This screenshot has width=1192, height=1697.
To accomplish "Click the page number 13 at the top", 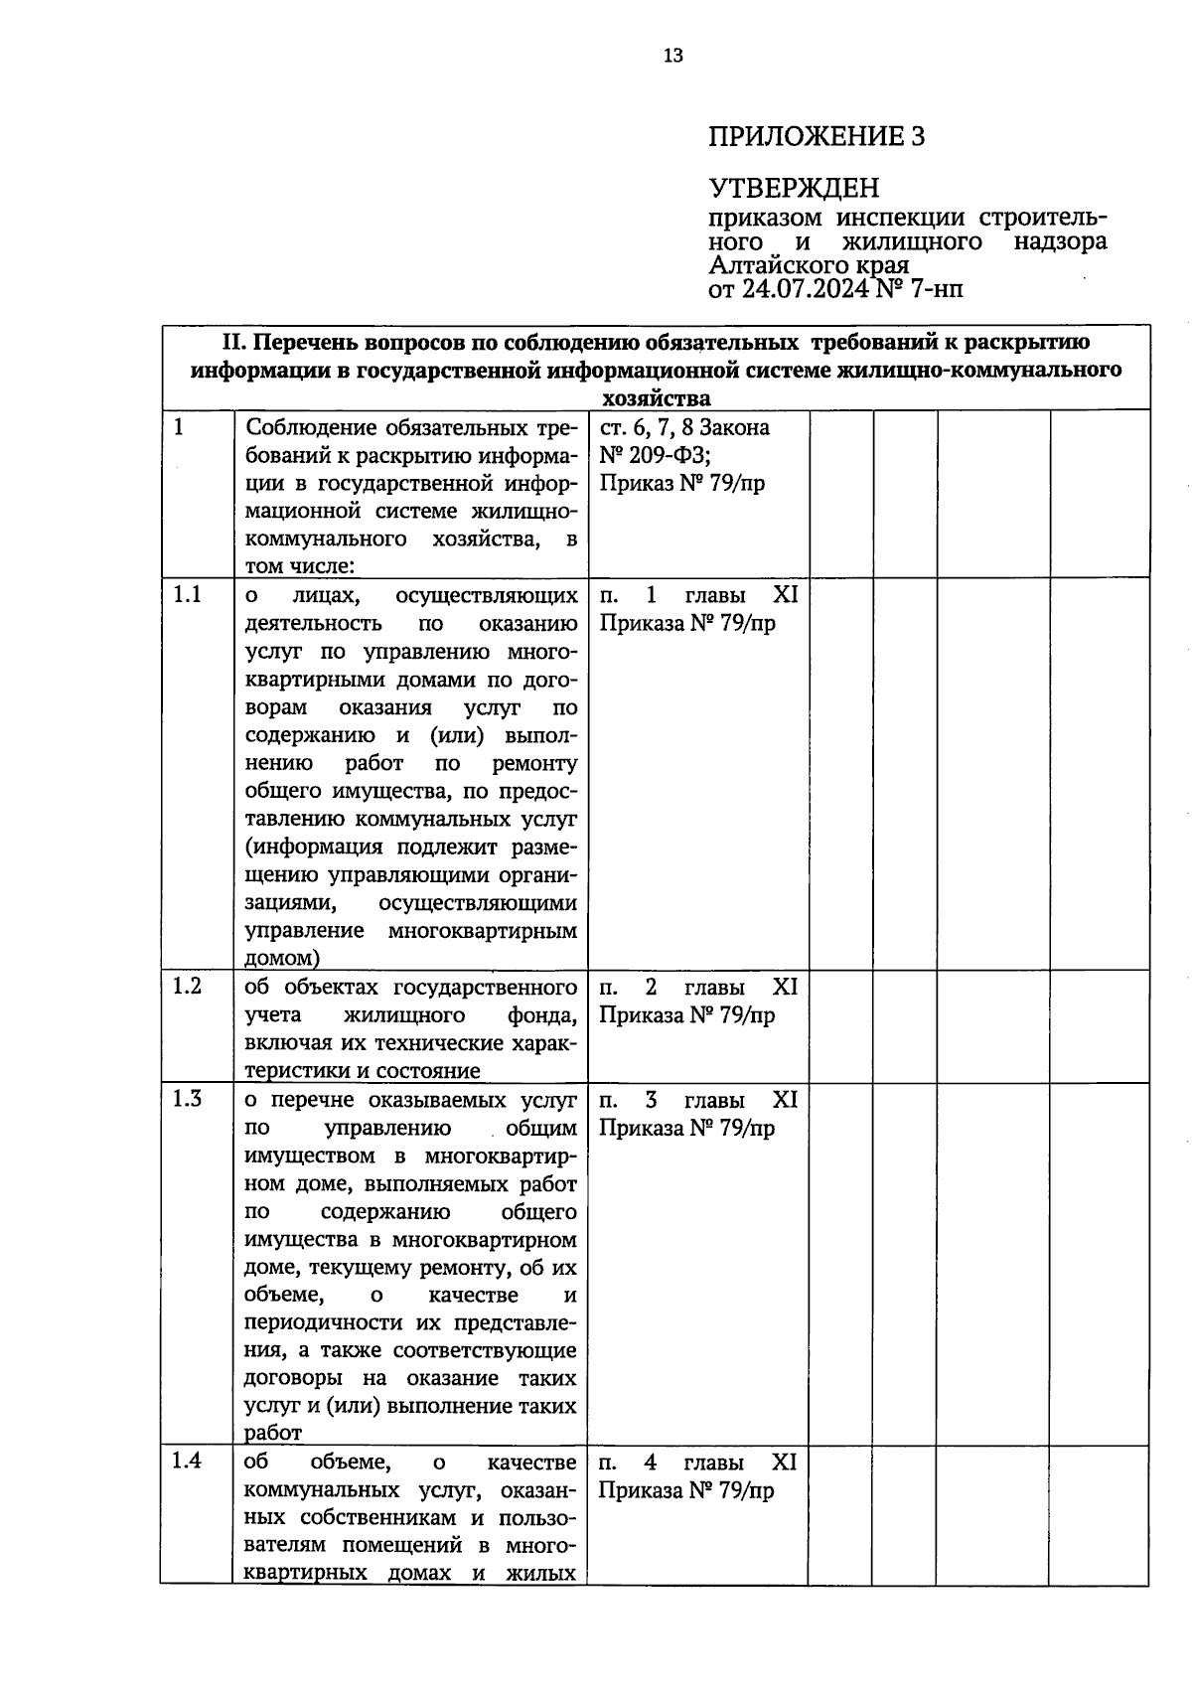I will click(x=672, y=57).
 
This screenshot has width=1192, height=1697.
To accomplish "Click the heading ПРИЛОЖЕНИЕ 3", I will click(x=816, y=136).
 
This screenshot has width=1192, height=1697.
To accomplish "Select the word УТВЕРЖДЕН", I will click(x=794, y=188).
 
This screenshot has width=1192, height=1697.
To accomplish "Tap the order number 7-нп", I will click(x=933, y=290).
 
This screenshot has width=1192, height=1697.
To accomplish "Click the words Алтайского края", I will click(x=809, y=266).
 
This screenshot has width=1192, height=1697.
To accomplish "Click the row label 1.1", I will click(x=187, y=594).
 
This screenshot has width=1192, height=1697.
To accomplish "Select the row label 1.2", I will click(x=187, y=986).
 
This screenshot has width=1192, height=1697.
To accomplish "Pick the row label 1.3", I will click(x=187, y=1099).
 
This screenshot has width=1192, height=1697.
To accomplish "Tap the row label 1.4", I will click(x=187, y=1462).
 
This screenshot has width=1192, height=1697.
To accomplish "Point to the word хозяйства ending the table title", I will click(x=657, y=398).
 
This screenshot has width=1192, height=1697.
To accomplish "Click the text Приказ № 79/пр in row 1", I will click(x=681, y=484).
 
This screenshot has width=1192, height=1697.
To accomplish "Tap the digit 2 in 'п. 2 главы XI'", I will click(x=651, y=988).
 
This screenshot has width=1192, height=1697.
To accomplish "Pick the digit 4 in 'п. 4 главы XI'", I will click(x=651, y=1463).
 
